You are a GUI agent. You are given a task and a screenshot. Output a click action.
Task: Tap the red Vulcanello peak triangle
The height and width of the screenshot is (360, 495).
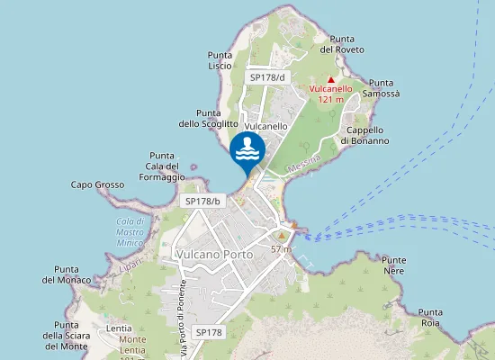tap(331, 79)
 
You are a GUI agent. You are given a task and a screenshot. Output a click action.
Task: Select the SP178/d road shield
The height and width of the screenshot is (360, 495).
tap(266, 77)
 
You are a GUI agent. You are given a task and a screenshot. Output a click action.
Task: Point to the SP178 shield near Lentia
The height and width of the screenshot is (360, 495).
tap(208, 333)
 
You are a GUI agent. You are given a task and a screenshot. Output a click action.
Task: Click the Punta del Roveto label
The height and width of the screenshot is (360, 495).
tap(347, 44)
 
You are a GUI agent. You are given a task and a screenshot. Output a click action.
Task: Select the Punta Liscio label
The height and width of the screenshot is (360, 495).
tap(220, 60)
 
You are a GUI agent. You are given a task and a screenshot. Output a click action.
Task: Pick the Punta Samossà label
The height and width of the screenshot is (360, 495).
tap(382, 88)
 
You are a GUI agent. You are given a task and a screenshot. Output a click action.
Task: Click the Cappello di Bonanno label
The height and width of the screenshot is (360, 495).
tap(364, 135)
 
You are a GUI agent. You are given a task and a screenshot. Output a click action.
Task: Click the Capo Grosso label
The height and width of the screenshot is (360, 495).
tap(97, 185)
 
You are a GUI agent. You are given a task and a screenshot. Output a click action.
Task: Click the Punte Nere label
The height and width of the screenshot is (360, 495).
tap(393, 265)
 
